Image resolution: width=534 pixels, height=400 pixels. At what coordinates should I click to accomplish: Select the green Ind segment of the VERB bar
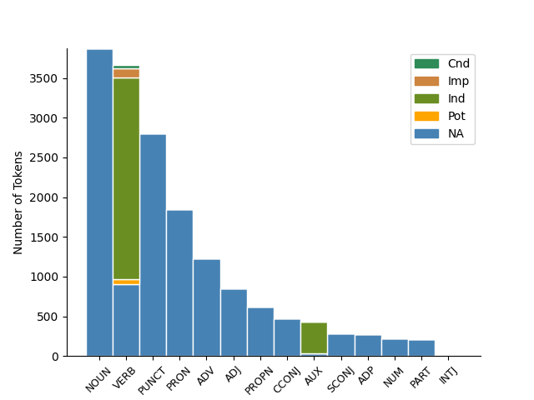click(x=126, y=178)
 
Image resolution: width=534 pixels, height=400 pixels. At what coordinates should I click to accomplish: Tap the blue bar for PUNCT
click(x=153, y=245)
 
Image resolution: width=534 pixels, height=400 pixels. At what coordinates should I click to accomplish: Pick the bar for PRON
click(x=179, y=283)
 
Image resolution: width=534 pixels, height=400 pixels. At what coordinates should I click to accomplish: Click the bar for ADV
click(x=207, y=307)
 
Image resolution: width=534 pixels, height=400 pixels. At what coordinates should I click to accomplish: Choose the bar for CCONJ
click(x=287, y=337)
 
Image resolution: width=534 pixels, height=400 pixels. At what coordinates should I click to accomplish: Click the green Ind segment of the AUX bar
click(x=314, y=337)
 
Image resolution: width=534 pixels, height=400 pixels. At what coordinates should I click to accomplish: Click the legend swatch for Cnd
click(x=426, y=64)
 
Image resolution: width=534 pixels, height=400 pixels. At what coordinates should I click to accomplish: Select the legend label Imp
click(x=458, y=82)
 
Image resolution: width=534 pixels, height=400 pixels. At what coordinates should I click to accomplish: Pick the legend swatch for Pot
click(x=426, y=116)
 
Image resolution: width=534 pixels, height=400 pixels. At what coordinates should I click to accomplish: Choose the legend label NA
click(x=456, y=133)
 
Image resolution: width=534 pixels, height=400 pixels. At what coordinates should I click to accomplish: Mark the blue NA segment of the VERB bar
click(x=126, y=320)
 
